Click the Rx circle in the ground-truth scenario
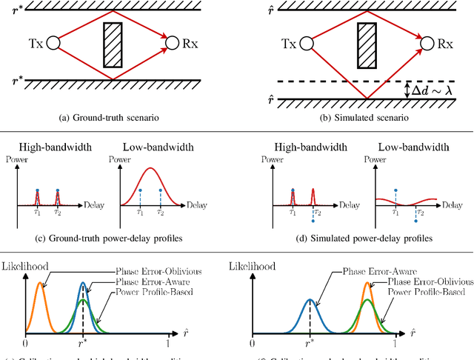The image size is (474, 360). coord(172,44)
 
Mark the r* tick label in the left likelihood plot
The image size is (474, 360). coord(83,344)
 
